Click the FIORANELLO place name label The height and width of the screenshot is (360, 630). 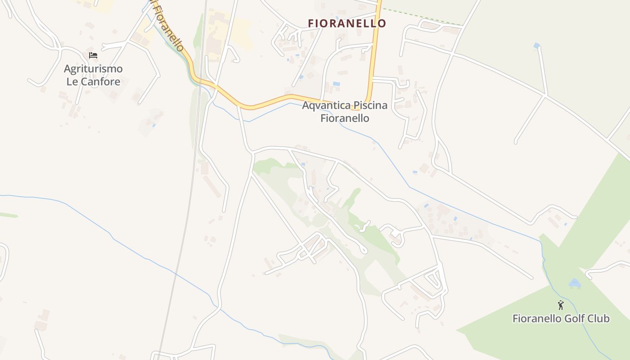click(347, 23)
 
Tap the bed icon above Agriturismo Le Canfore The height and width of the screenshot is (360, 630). click(93, 55)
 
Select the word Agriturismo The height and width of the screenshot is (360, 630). click(93, 69)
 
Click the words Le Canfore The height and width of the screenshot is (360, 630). click(93, 81)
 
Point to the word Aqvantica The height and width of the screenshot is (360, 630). click(326, 105)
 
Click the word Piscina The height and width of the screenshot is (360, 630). click(370, 105)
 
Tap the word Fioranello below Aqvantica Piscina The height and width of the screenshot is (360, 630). click(345, 118)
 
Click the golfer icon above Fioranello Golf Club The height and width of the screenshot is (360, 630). click(561, 306)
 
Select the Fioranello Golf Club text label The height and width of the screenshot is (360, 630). click(561, 319)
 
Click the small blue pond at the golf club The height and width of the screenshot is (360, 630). click(575, 283)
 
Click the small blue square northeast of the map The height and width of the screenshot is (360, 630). click(536, 45)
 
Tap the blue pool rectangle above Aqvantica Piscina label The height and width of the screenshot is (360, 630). click(336, 84)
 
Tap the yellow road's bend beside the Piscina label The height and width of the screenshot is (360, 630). click(368, 102)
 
